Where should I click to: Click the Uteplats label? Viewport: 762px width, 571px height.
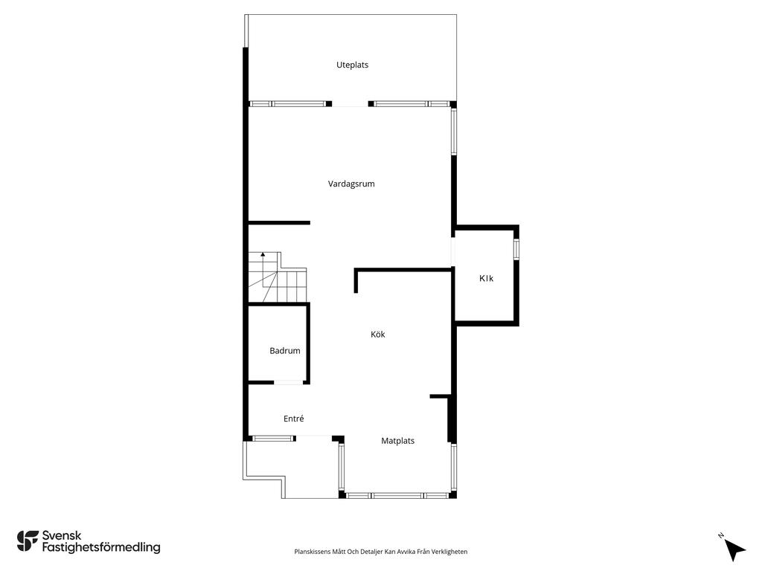pyautogui.click(x=352, y=65)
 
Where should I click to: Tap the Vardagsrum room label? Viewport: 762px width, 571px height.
pyautogui.click(x=351, y=184)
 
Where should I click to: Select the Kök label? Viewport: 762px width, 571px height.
pyautogui.click(x=377, y=334)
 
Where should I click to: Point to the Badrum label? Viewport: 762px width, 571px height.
pyautogui.click(x=285, y=351)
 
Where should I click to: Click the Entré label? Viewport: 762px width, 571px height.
pyautogui.click(x=293, y=419)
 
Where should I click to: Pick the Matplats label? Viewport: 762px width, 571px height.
pyautogui.click(x=397, y=441)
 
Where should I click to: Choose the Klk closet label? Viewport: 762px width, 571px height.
pyautogui.click(x=486, y=278)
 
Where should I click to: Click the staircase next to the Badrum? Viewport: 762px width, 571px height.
pyautogui.click(x=278, y=277)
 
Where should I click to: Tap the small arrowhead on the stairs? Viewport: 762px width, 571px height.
pyautogui.click(x=263, y=254)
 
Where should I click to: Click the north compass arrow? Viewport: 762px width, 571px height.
pyautogui.click(x=734, y=550)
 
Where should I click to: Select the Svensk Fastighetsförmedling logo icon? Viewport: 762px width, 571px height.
pyautogui.click(x=28, y=541)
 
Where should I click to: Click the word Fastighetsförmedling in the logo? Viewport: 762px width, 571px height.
pyautogui.click(x=101, y=547)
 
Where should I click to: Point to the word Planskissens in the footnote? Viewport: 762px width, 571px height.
pyautogui.click(x=312, y=552)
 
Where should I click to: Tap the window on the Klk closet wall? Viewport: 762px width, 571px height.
pyautogui.click(x=516, y=249)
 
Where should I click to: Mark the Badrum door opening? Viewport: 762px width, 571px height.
pyautogui.click(x=289, y=383)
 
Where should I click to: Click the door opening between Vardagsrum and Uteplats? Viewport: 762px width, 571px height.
pyautogui.click(x=350, y=104)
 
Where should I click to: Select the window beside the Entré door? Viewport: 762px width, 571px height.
pyautogui.click(x=274, y=439)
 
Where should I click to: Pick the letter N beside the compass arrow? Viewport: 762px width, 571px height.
pyautogui.click(x=720, y=535)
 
